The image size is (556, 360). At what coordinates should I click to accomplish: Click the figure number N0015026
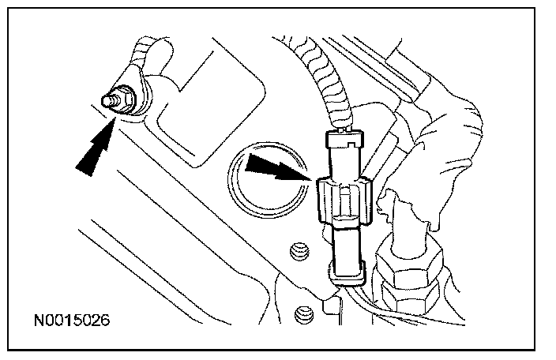70,321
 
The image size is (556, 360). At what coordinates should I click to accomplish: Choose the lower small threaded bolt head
300,314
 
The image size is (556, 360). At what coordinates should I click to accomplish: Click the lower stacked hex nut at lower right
415,304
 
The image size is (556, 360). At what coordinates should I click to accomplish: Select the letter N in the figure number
37,321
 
